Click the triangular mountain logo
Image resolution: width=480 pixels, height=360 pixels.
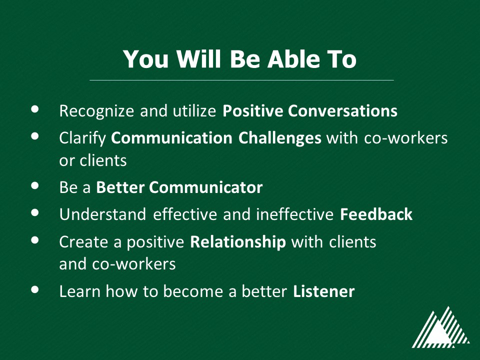(441, 327)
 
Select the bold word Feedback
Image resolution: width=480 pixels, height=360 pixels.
(376, 214)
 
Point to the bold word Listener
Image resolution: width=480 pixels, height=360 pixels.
(323, 291)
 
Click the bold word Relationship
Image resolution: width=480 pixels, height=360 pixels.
(238, 242)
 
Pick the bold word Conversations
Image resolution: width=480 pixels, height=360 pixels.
(342, 111)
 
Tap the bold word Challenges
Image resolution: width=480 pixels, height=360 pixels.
(280, 138)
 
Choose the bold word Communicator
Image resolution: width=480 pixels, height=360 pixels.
(205, 187)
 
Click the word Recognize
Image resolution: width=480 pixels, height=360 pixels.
(96, 111)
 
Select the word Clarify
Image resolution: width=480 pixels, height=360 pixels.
(82, 138)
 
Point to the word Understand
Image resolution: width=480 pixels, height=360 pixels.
(102, 214)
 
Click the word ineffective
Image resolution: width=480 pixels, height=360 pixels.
(294, 214)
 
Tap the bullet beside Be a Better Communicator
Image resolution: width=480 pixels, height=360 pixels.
(35, 185)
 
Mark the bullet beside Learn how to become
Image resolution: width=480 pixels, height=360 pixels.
(35, 289)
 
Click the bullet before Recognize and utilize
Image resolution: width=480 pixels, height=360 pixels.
(35, 109)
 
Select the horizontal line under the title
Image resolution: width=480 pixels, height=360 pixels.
(241, 80)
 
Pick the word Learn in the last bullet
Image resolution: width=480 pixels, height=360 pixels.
(79, 291)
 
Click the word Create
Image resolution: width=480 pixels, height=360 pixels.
(83, 242)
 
